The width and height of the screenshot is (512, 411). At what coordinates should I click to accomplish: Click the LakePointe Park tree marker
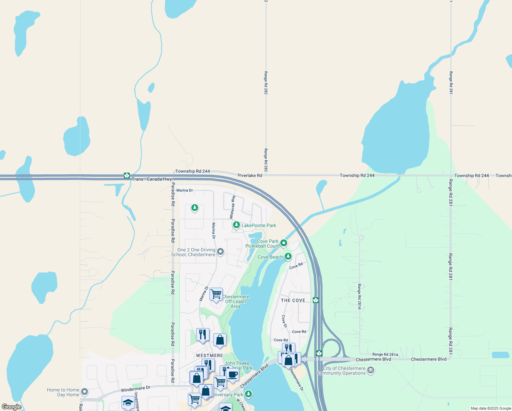(236, 225)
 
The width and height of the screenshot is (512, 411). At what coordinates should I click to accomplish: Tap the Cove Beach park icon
(288, 256)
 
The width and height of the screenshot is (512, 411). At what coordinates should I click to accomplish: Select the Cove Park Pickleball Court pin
(284, 243)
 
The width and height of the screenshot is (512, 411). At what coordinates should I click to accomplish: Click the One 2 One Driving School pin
(221, 252)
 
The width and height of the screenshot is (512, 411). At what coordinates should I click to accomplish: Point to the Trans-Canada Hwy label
(152, 179)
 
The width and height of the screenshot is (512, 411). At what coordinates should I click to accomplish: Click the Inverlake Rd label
(250, 175)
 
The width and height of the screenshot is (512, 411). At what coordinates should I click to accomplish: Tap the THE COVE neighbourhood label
(293, 300)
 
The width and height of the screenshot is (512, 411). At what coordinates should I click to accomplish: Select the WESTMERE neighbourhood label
(209, 356)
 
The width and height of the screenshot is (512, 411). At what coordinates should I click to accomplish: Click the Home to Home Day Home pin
(85, 391)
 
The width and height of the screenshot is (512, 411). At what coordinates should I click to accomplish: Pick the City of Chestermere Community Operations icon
(370, 370)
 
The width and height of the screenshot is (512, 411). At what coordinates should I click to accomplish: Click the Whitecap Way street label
(232, 207)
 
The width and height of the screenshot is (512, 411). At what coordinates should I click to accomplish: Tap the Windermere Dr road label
(136, 389)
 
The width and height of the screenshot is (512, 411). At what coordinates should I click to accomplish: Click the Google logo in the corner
(12, 407)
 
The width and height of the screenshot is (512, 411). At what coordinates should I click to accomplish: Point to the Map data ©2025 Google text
(490, 408)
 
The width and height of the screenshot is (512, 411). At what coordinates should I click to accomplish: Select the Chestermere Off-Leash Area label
(235, 301)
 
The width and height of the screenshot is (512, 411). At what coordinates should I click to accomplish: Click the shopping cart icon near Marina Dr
(216, 294)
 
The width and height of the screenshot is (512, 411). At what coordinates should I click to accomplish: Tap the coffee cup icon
(232, 374)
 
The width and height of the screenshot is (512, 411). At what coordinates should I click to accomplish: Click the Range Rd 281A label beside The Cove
(359, 297)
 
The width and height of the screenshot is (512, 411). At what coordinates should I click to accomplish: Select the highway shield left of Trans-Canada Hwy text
(127, 176)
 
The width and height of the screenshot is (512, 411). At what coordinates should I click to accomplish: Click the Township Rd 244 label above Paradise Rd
(192, 171)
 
